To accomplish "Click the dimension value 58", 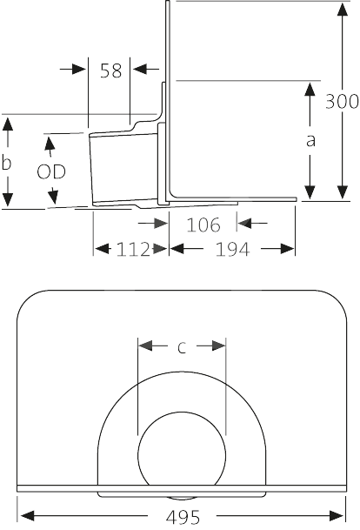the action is click(110, 70).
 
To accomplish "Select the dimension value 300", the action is click(342, 101).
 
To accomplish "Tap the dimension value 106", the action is click(203, 225).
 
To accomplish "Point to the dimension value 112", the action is click(133, 250).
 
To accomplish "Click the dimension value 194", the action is click(232, 250).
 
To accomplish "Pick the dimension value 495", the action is click(183, 516).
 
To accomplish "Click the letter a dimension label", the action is click(310, 141).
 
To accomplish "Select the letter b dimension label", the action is click(6, 162).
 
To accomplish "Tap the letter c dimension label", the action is click(182, 347).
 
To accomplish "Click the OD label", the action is click(51, 171).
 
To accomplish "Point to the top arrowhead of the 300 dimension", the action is click(343, 9).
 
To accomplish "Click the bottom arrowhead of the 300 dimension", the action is click(343, 192).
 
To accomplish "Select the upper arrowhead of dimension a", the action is click(310, 89).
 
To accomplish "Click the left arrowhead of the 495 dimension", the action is click(28, 516).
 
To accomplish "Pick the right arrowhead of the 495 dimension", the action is click(337, 516).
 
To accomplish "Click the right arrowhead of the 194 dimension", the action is click(287, 249).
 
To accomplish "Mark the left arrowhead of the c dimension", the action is click(145, 346).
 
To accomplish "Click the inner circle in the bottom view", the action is click(182, 413).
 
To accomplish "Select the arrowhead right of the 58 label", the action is click(140, 69).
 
